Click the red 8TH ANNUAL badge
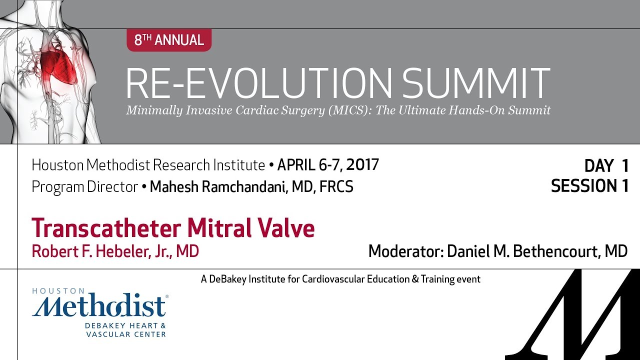coord(169,40)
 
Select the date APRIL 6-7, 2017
coord(328,164)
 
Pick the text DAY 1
coord(605,166)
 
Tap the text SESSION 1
coord(589,186)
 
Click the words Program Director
coord(84,187)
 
